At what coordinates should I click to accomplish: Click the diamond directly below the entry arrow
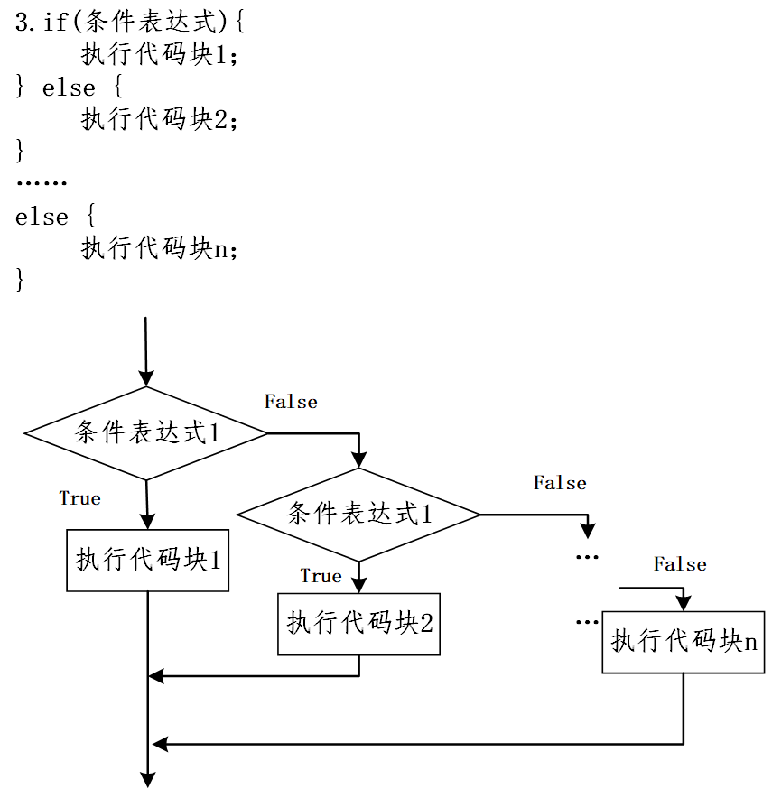146,433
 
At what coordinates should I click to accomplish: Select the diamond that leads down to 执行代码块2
358,515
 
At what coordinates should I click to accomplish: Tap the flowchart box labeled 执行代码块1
147,560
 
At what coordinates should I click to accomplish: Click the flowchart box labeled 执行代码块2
358,623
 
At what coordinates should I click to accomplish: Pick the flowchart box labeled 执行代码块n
683,642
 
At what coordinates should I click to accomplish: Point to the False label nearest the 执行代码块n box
680,564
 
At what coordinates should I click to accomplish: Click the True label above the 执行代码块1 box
80,498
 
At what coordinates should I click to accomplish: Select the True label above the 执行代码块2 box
321,576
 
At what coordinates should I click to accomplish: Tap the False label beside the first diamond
291,402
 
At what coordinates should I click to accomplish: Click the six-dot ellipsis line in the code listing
42,184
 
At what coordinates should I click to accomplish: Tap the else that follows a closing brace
69,88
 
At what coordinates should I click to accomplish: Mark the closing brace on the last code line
20,280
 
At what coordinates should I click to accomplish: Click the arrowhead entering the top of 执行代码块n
684,602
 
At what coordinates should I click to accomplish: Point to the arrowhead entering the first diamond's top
145,378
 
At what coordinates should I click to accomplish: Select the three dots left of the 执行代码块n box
587,622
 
